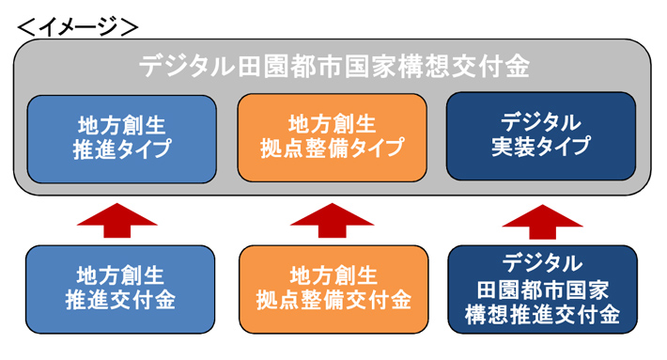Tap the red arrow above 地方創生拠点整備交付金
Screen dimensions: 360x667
point(333,218)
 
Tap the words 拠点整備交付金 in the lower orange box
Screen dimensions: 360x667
point(333,301)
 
